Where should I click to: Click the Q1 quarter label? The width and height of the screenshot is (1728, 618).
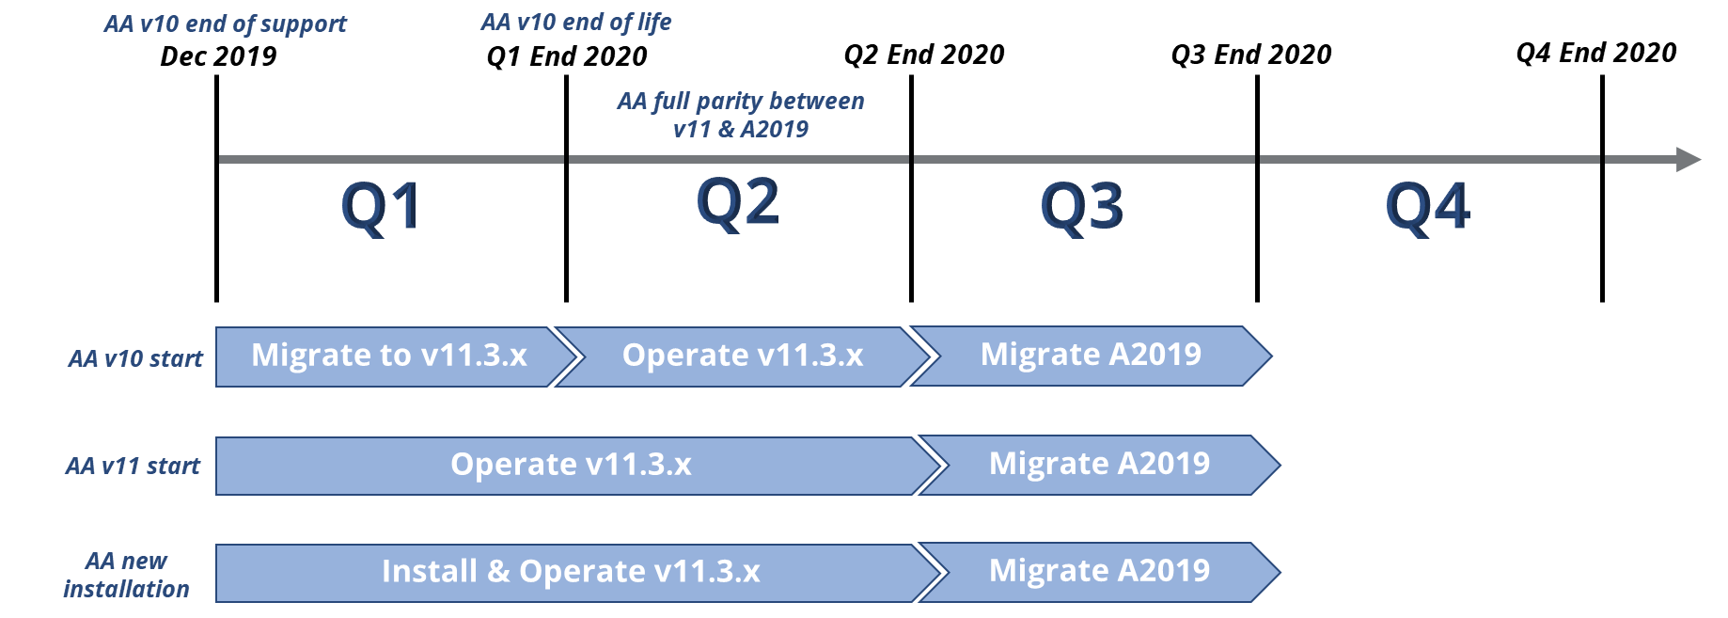point(380,206)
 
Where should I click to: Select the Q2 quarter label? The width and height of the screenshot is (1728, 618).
point(738,202)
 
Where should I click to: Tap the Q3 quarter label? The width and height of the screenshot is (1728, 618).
point(1082,206)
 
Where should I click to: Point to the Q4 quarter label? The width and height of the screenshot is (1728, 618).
point(1427,206)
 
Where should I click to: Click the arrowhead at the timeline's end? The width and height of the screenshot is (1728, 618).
point(1687,159)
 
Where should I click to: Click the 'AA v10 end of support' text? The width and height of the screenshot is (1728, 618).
point(225,24)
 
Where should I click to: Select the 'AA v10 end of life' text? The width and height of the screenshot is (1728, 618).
point(575,23)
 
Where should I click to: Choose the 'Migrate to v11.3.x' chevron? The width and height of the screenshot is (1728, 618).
point(389,356)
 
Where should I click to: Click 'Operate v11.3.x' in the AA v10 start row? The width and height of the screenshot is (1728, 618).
point(742,356)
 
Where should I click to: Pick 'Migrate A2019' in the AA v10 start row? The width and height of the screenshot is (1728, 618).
point(1091,355)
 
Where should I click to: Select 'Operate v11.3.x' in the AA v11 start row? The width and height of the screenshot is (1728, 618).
point(571,465)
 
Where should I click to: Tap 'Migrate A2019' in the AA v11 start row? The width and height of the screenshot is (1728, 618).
point(1099,464)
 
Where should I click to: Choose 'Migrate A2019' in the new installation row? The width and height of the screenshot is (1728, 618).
point(1099,571)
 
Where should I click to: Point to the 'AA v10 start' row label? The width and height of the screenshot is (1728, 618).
point(135,358)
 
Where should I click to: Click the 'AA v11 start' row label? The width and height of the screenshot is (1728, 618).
point(133,466)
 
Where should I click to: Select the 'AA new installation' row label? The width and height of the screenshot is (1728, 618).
point(126,575)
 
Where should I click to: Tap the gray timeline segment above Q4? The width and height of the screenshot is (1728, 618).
point(1429,159)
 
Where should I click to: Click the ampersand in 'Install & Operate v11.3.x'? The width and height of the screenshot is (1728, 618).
point(498,572)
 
